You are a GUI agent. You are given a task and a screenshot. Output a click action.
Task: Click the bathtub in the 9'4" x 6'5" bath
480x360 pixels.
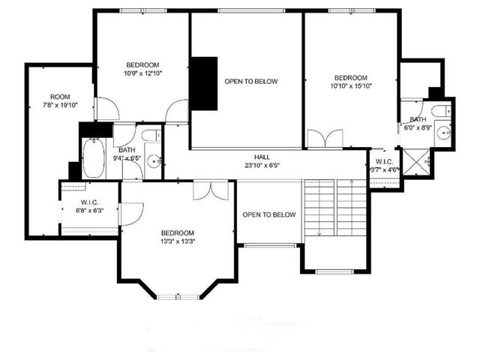pos(94,157)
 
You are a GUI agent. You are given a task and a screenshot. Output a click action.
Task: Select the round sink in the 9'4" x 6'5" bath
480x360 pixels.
pos(154,160)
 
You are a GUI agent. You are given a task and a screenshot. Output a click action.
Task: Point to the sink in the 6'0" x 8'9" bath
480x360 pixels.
pos(443,134)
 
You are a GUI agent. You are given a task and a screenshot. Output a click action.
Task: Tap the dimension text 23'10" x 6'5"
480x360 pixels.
pos(262,165)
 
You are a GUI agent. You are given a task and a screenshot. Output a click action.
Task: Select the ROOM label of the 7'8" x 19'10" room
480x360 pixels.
pos(60,97)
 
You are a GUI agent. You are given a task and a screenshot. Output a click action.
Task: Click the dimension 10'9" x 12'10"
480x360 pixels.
pos(142,73)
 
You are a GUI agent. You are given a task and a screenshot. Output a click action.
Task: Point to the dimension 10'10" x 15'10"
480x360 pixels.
pos(351,86)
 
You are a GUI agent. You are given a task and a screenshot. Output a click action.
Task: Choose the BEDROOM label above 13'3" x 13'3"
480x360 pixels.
pos(178,232)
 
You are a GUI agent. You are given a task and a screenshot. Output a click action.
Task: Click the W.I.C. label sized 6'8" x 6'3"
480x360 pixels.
pos(89,202)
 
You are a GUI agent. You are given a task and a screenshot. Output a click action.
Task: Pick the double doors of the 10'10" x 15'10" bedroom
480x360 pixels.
pos(325,139)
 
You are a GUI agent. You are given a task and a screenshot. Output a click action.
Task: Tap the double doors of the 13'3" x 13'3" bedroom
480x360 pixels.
pos(211,190)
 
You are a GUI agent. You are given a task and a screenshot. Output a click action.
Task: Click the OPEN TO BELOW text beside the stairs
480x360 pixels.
pos(268,215)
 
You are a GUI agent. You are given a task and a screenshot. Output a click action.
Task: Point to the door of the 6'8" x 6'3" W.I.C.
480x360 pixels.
pos(127,214)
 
